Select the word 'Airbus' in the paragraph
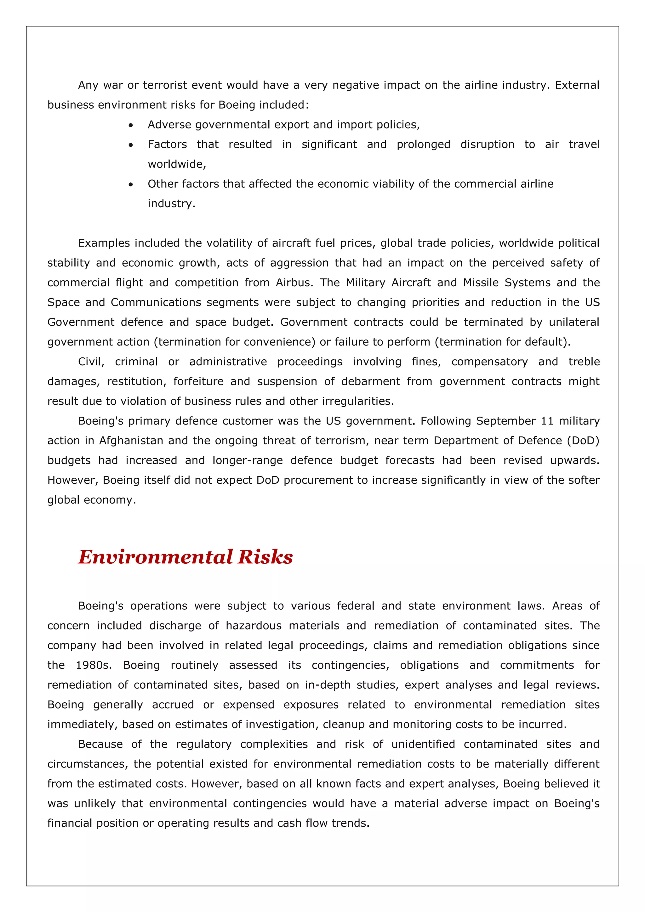click(293, 282)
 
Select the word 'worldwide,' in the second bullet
click(177, 164)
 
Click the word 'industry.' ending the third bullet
click(172, 203)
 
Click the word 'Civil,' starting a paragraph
click(91, 362)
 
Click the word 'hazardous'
click(254, 626)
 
